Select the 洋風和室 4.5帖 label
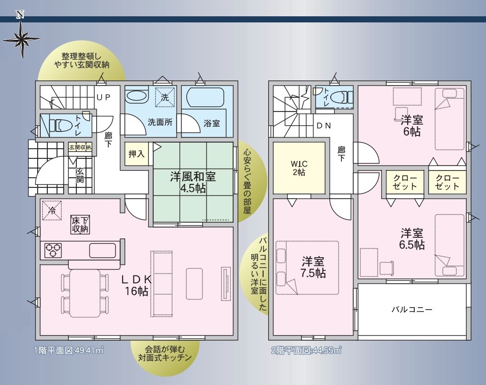point(193,182)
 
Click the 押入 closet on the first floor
point(136,154)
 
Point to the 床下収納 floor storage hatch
point(80,225)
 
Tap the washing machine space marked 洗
point(165,97)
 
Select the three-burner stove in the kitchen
point(53,250)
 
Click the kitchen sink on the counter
point(103,250)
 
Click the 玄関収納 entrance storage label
point(80,147)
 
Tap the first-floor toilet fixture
point(61,126)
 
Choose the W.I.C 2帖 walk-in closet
point(299,168)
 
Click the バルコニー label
point(412,309)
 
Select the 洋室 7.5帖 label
point(313,267)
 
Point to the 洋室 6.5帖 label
point(412,238)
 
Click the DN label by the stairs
point(324,126)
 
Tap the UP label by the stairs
point(103,97)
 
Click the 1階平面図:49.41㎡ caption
point(69,350)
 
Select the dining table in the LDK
point(84,293)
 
